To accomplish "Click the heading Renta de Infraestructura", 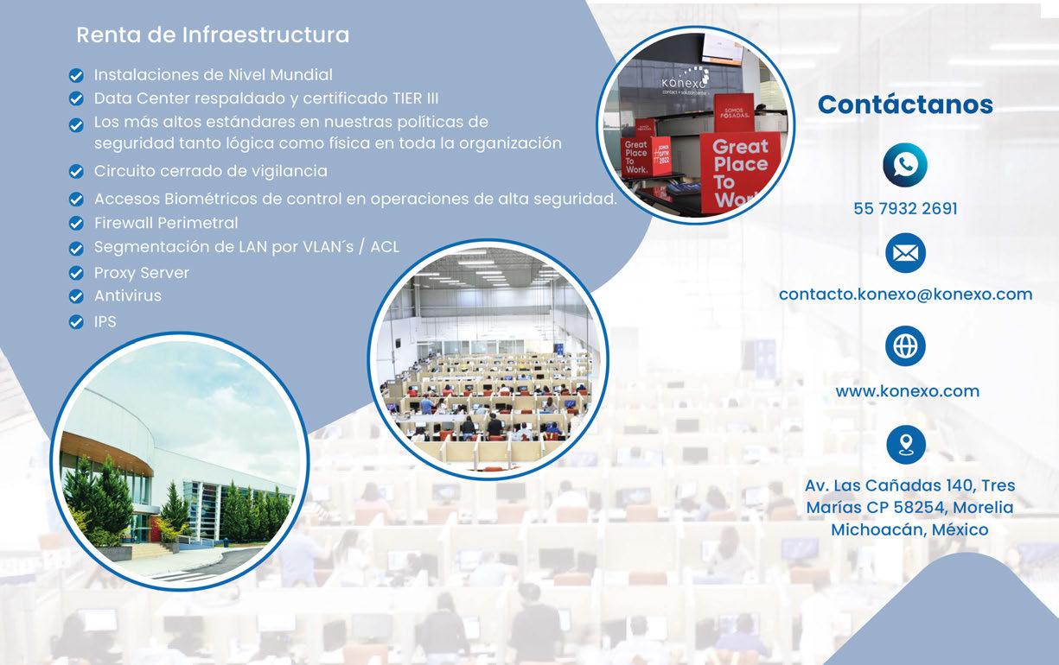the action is tap(213, 35).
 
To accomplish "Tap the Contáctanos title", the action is tap(905, 104).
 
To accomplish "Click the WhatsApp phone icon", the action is tap(905, 165).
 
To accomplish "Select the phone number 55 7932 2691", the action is tap(905, 208).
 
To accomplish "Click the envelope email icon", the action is tap(905, 253).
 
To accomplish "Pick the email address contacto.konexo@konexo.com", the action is tap(905, 294).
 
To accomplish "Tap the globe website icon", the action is tap(905, 345).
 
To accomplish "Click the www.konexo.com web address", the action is tap(907, 391).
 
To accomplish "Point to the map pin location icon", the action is tap(905, 445).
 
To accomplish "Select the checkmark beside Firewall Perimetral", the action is tap(76, 223).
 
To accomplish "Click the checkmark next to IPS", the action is tap(76, 321).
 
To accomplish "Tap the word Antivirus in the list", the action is tap(128, 295).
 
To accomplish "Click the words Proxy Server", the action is tap(142, 273).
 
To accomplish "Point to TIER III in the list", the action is tap(416, 98).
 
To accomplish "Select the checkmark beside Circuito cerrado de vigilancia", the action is tap(76, 172).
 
